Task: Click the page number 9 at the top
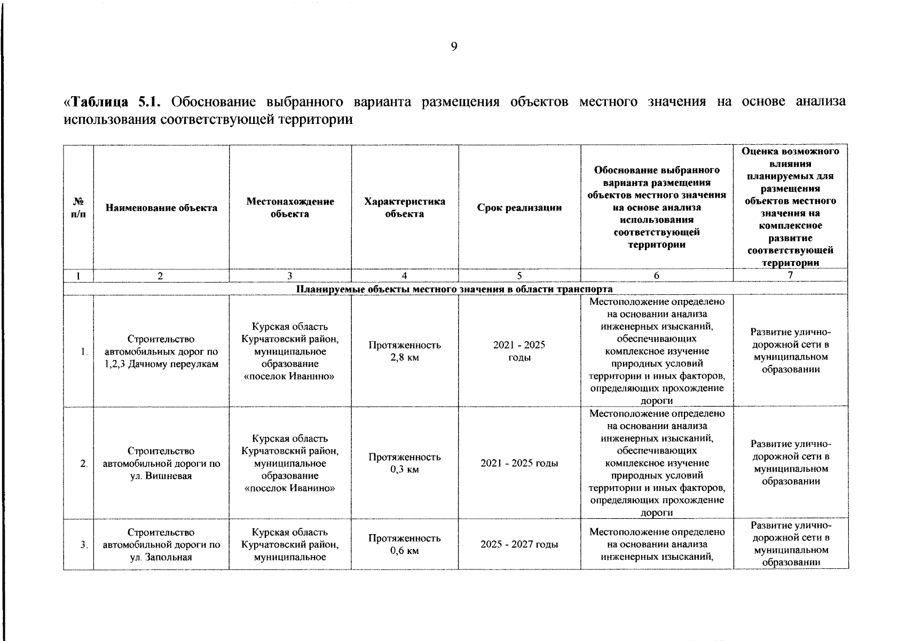453,47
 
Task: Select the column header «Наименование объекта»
161,208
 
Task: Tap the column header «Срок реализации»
519,208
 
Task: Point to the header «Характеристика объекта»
404,208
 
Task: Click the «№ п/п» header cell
78,208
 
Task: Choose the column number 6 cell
656,276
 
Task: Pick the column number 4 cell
404,276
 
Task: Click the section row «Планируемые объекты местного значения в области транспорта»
455,289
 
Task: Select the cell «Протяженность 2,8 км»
404,351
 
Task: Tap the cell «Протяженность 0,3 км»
404,463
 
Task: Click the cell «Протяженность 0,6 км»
404,544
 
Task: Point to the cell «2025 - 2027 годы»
519,544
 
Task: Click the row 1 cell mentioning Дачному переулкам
161,351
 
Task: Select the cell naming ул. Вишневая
161,463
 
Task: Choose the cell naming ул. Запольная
161,544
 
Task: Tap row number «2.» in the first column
83,463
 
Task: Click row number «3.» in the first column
83,544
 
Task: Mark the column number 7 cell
790,275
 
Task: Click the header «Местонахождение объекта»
290,208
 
